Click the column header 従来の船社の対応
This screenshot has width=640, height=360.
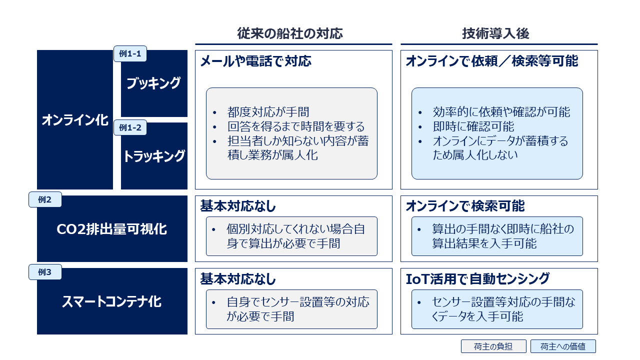290,33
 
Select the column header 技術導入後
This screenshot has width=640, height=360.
495,33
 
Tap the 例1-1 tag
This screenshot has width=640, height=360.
130,54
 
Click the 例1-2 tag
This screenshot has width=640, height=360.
130,127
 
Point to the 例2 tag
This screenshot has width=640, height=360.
45,199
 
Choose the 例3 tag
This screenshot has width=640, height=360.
45,272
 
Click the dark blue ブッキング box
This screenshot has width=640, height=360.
154,83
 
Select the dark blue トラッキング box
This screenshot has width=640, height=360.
154,156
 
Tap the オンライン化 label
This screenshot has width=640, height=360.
75,120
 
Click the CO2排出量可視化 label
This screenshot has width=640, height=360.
112,229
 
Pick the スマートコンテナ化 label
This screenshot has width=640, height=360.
112,301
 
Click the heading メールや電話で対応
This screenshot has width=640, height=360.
255,61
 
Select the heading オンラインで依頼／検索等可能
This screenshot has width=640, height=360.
491,61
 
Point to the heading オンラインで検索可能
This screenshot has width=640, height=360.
465,206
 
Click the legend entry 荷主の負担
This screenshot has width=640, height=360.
493,346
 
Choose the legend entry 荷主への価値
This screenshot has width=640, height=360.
563,346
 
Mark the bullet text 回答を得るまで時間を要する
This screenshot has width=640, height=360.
295,127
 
